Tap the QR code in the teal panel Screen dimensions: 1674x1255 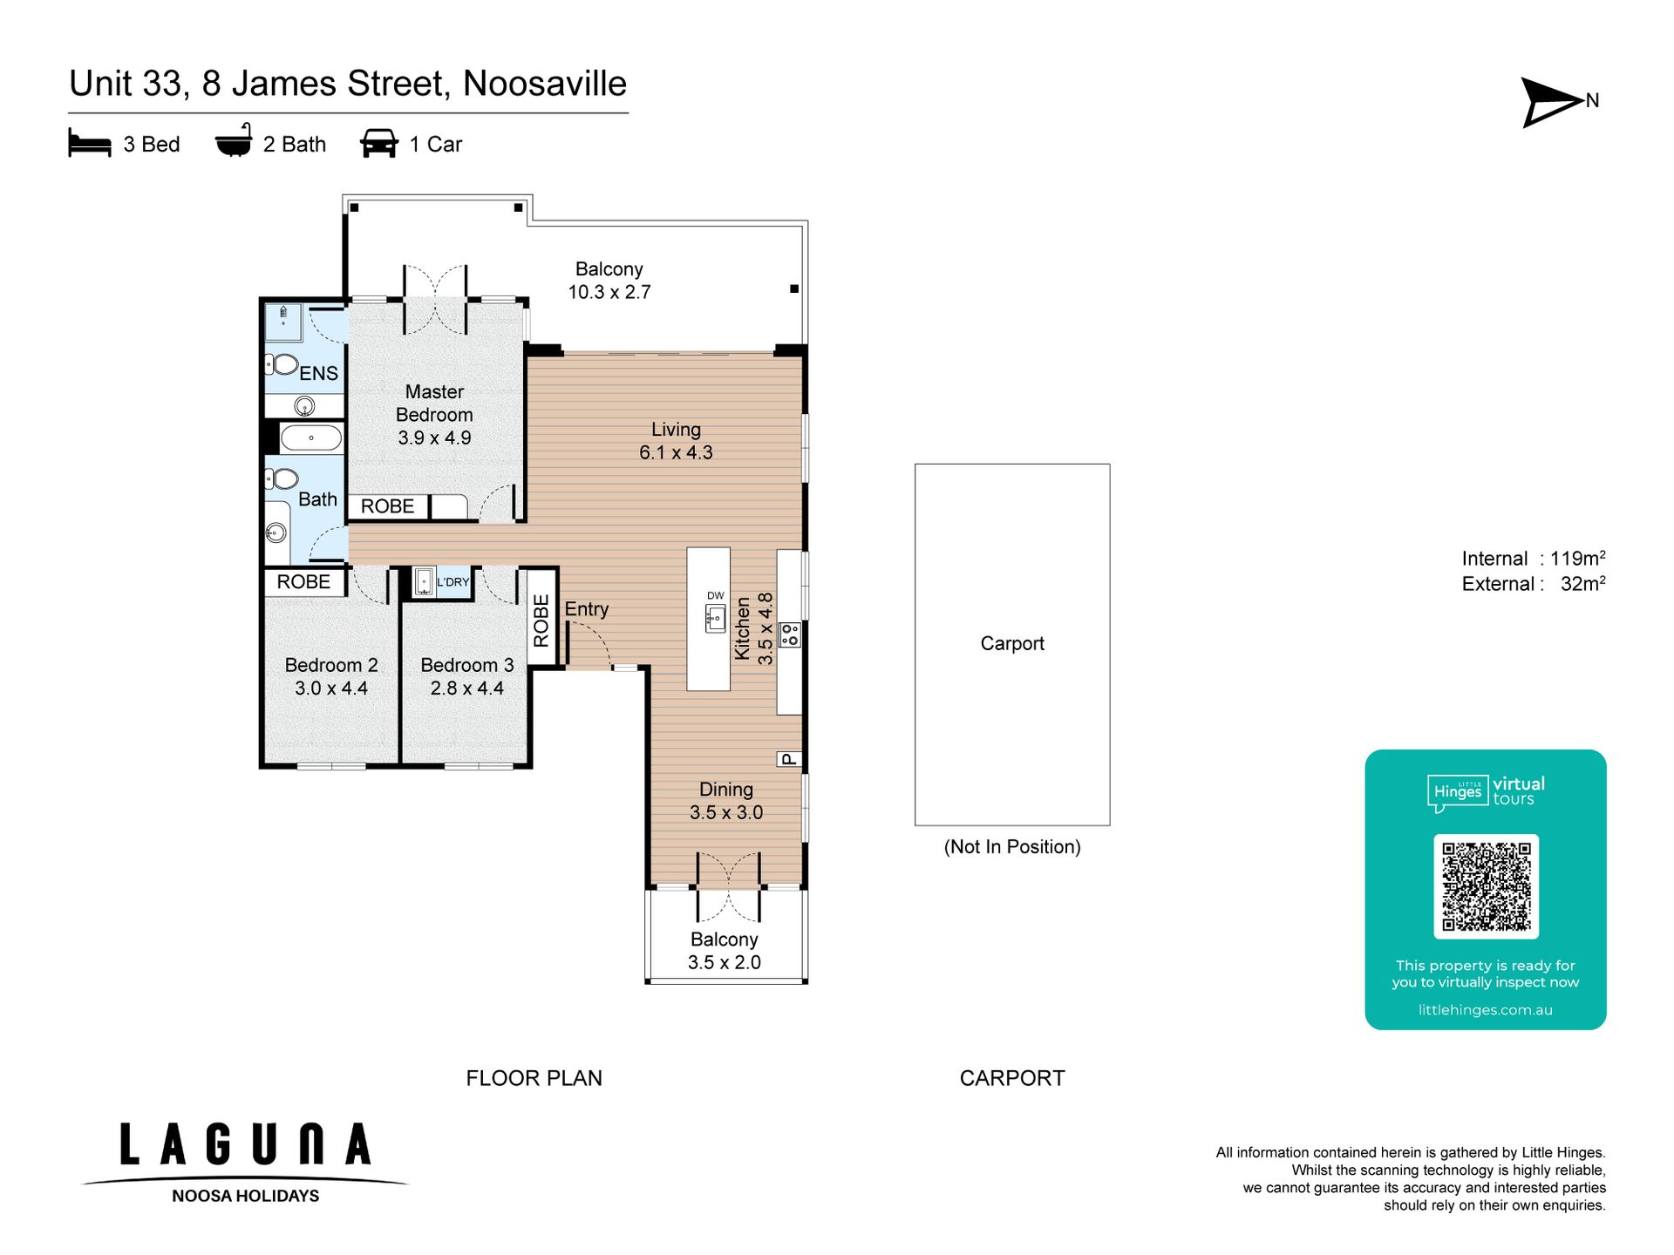1486,886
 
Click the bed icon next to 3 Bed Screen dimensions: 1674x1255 90,144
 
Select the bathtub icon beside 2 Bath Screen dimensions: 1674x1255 234,141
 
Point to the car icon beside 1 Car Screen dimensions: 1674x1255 379,144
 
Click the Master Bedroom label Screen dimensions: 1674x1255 434,404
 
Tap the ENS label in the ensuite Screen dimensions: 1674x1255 318,373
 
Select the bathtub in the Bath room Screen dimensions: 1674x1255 311,438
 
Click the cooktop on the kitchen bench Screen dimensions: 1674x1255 790,634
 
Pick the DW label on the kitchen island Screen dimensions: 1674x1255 715,596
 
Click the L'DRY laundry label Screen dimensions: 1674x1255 453,582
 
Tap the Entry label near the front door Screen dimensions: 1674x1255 586,609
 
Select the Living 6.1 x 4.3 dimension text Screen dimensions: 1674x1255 676,452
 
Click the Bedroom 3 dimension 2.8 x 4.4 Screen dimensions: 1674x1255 466,689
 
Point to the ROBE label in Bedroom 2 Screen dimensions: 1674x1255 303,581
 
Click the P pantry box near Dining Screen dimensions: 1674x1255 789,759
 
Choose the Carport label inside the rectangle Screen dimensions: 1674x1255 1012,643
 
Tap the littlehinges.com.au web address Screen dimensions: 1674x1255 1486,1010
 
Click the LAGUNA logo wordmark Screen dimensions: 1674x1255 246,1144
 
